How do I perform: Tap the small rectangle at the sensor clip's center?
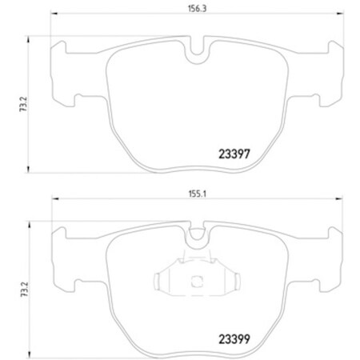tap(197, 282)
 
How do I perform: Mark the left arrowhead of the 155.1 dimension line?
tap(54, 201)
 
